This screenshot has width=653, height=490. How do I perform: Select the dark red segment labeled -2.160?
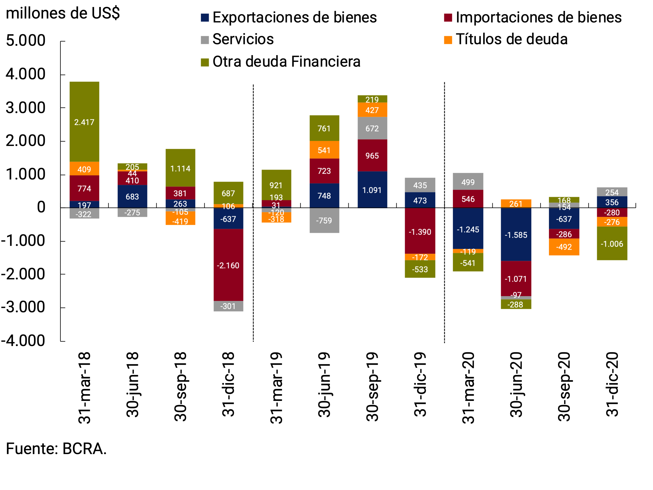coord(228,265)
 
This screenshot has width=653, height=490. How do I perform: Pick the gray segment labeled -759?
coord(324,220)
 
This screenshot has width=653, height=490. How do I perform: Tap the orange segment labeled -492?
coord(564,247)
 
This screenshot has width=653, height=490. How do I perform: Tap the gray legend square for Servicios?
coord(205,40)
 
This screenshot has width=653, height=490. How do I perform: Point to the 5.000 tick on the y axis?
coord(26,41)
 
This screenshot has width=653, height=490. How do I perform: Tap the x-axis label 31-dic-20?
coord(612,384)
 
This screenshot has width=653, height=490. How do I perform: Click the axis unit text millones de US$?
coord(62,13)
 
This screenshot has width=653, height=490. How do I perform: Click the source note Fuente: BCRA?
coord(56,448)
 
